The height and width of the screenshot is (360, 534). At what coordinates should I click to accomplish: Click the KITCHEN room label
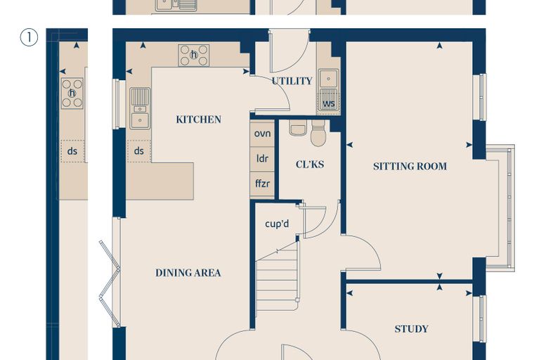tap(199, 120)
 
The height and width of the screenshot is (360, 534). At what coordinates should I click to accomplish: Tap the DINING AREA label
tap(188, 273)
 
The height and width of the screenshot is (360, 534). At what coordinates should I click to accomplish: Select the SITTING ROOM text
tap(410, 167)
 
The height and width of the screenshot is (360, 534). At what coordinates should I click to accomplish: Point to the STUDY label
tap(412, 329)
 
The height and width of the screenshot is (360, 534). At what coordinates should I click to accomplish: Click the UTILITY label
tap(292, 81)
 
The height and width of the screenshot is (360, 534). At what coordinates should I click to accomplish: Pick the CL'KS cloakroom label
tap(310, 165)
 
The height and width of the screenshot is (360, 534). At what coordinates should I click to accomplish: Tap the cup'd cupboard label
tap(277, 224)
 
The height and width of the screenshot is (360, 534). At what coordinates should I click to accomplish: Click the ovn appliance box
tap(262, 134)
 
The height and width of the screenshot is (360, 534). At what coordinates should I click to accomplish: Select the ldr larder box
tap(262, 159)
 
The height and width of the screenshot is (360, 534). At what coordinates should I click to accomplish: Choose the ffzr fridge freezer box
tap(262, 184)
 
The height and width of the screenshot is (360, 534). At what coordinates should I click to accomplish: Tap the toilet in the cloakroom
tap(318, 134)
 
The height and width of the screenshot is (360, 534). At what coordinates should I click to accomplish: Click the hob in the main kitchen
tap(194, 56)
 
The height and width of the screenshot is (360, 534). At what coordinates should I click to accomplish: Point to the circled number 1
tap(29, 37)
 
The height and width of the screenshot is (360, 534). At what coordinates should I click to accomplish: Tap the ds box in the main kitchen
tap(139, 151)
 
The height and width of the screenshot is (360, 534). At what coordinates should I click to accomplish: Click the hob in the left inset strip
tap(72, 94)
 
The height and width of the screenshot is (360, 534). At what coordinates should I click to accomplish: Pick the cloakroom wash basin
tap(298, 127)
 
